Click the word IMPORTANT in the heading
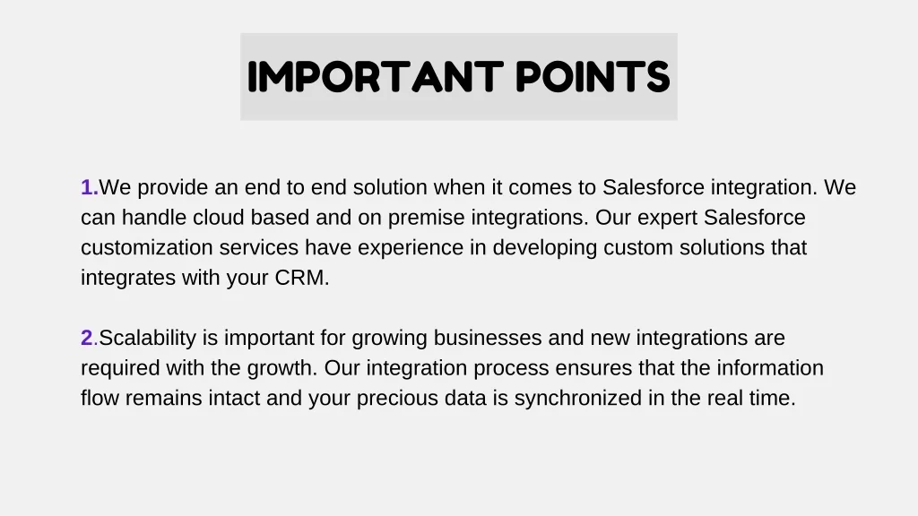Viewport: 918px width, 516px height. (376, 77)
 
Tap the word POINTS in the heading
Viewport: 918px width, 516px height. (593, 77)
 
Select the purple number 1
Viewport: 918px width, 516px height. (90, 187)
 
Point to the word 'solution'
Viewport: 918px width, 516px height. (390, 187)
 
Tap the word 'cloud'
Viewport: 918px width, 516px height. (219, 217)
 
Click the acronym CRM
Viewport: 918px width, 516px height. (299, 278)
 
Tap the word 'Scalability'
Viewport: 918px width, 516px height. (148, 339)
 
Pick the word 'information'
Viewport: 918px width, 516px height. (770, 367)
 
